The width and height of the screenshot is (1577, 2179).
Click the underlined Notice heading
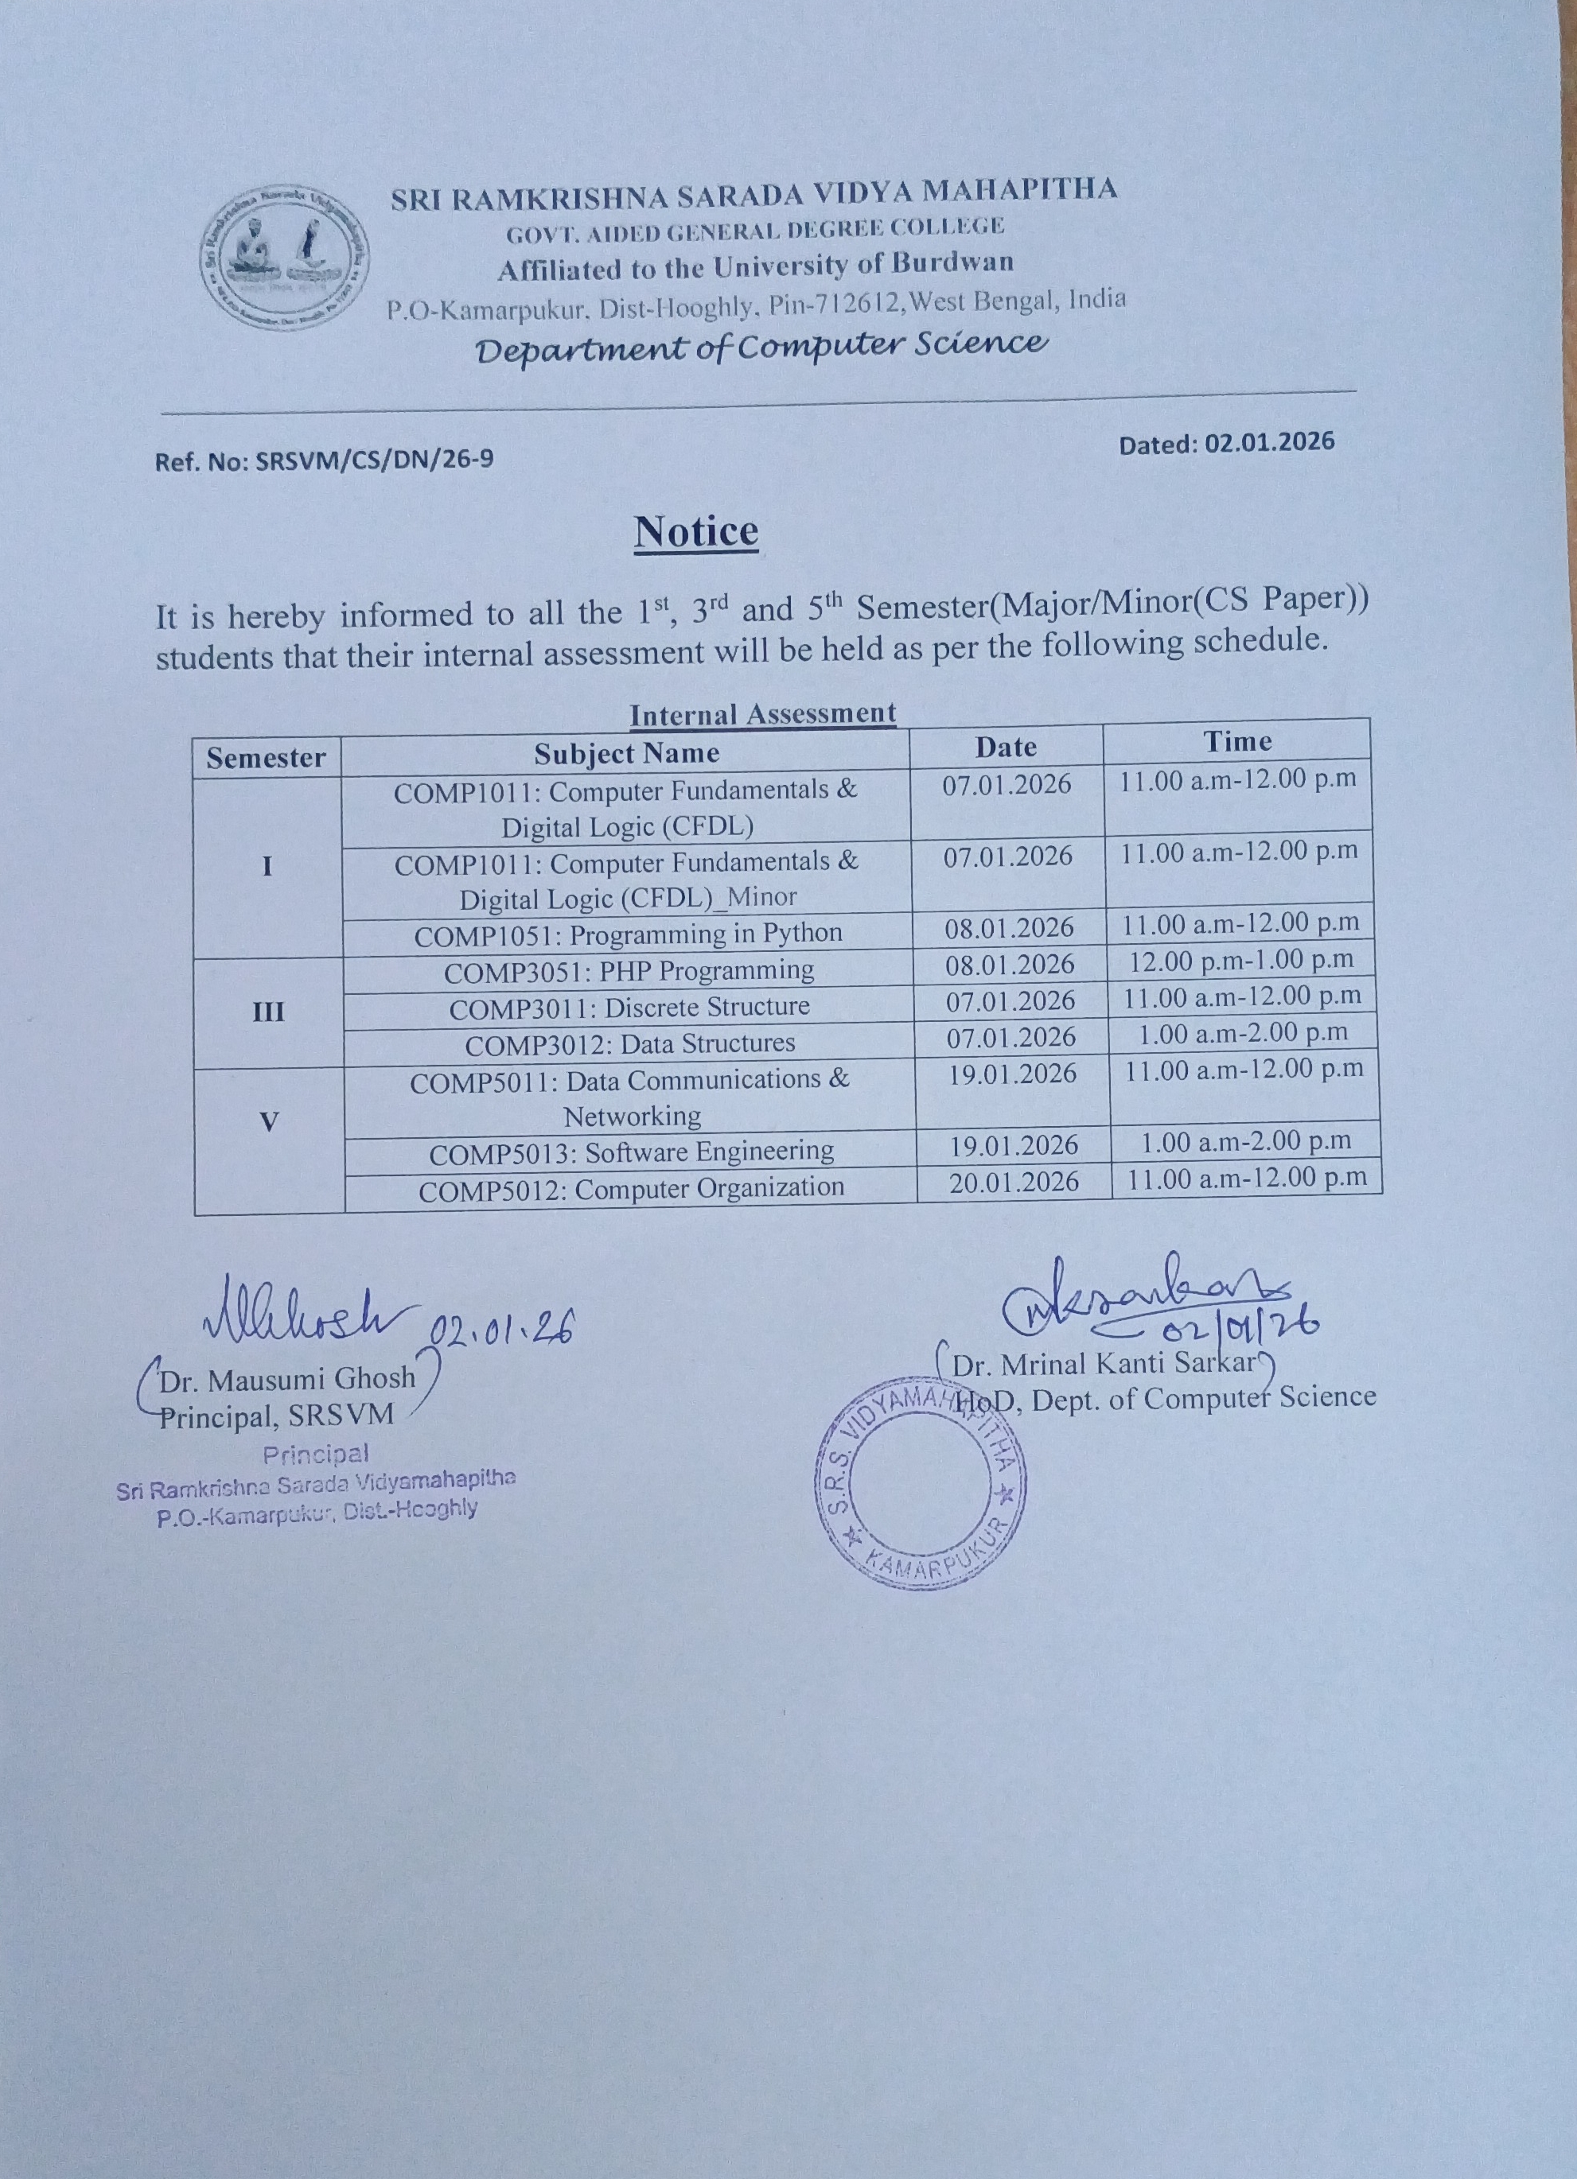point(695,532)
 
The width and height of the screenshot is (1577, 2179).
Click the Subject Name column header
point(626,753)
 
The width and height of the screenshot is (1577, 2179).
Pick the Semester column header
point(267,758)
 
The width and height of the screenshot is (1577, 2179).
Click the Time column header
point(1238,740)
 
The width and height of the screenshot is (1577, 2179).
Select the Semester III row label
point(268,1012)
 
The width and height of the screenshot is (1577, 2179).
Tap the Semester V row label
point(270,1121)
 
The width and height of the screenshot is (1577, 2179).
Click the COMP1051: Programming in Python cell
point(629,934)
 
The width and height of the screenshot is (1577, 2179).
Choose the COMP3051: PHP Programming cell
point(629,970)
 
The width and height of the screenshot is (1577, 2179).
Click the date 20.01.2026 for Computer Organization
point(1014,1182)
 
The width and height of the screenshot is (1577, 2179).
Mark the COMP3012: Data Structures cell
point(630,1043)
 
